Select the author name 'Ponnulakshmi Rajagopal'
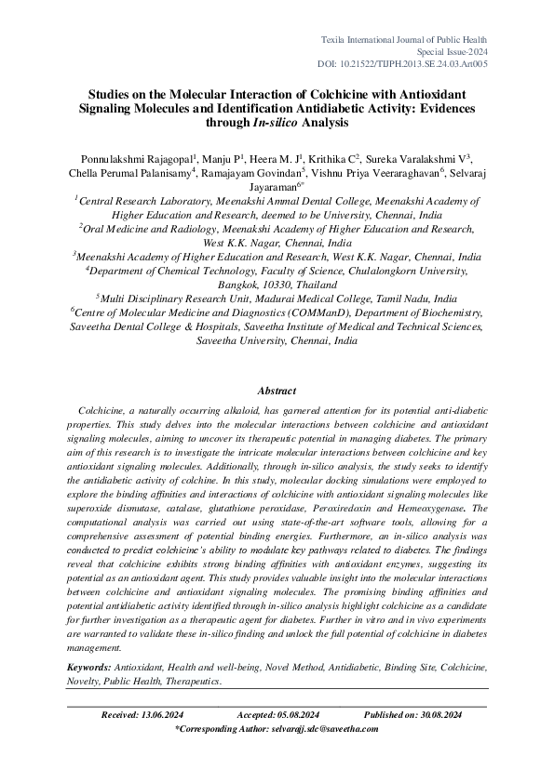coord(129,159)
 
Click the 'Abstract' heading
coord(277,391)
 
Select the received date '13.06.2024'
coord(167,715)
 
